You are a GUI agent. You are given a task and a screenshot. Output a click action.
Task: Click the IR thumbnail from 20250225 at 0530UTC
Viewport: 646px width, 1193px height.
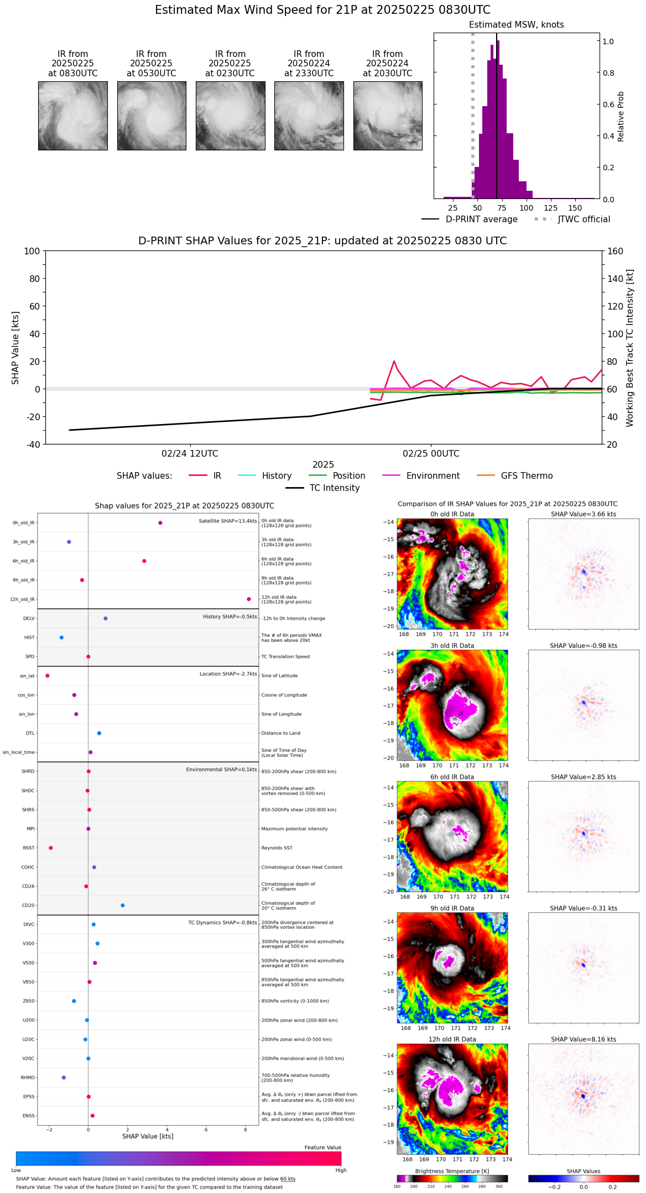pyautogui.click(x=152, y=116)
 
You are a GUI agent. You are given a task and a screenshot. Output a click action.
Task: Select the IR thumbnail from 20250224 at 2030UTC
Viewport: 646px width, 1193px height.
pyautogui.click(x=388, y=116)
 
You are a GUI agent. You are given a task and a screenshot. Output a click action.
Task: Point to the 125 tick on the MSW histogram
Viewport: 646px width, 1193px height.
pyautogui.click(x=550, y=208)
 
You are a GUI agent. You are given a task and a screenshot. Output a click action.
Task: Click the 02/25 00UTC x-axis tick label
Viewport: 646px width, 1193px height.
pyautogui.click(x=431, y=454)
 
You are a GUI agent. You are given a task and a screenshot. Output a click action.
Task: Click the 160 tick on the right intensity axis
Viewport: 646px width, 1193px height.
pyautogui.click(x=615, y=252)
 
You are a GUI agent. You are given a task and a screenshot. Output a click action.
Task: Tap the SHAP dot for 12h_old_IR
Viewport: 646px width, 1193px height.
pyautogui.click(x=249, y=599)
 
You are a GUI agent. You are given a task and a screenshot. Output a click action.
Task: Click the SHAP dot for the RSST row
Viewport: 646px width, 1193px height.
pyautogui.click(x=51, y=848)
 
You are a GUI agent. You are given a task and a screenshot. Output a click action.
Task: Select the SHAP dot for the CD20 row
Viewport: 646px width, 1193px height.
pyautogui.click(x=123, y=906)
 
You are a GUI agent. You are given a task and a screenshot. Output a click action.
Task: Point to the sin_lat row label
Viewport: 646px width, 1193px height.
pyautogui.click(x=27, y=676)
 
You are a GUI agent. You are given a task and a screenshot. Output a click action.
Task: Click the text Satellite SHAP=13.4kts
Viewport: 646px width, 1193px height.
pyautogui.click(x=228, y=521)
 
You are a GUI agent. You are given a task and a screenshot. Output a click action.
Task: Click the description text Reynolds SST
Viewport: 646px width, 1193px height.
pyautogui.click(x=277, y=848)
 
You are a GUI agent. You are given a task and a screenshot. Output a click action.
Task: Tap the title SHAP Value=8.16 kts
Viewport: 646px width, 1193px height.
pyautogui.click(x=583, y=1040)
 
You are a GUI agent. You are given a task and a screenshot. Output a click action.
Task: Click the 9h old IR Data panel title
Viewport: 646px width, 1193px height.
pyautogui.click(x=452, y=908)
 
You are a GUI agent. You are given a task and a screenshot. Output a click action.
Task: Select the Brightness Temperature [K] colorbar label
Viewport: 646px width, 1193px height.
pyautogui.click(x=452, y=1171)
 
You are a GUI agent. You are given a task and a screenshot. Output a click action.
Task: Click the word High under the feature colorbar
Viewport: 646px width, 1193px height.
pyautogui.click(x=341, y=1170)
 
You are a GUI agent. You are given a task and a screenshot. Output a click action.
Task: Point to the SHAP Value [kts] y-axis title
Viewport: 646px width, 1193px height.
pyautogui.click(x=15, y=348)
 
